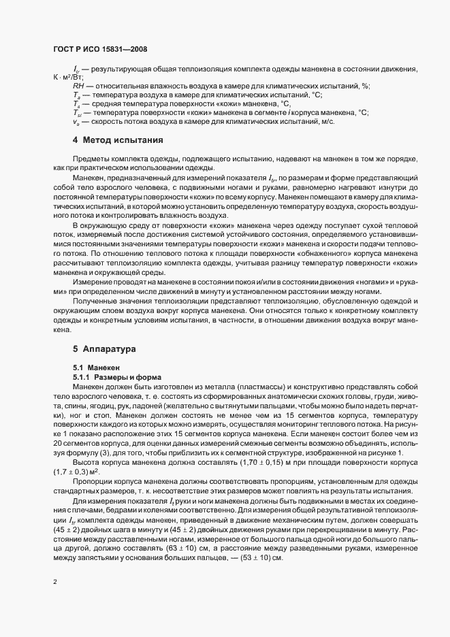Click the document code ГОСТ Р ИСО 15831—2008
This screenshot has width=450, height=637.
click(x=100, y=50)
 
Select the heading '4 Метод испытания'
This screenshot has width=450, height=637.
click(x=118, y=140)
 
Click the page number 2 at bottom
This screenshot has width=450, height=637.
click(x=54, y=582)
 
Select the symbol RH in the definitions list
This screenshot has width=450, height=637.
click(x=78, y=86)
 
